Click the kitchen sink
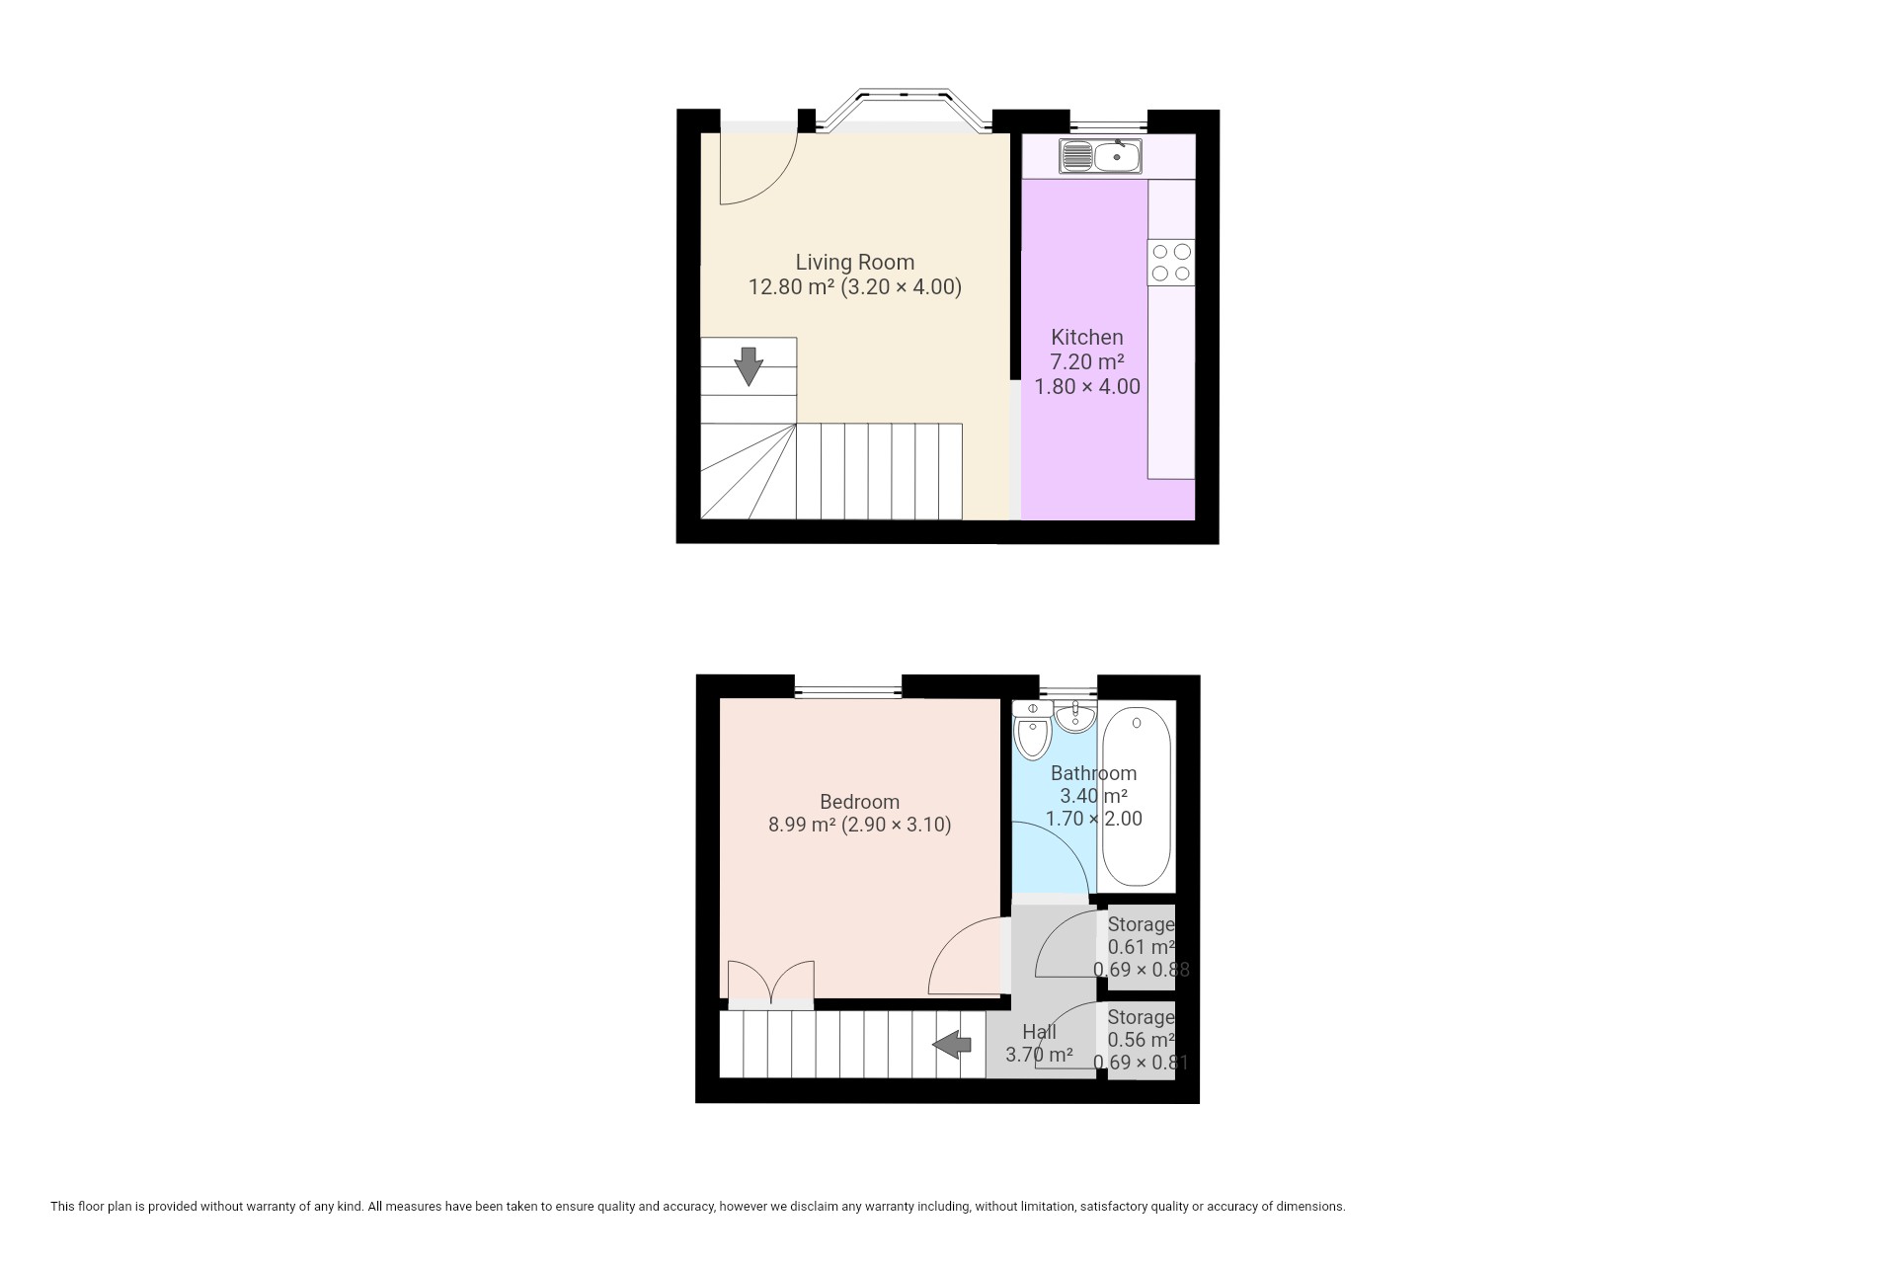click(x=1100, y=156)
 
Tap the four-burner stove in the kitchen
click(x=1171, y=262)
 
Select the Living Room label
click(x=855, y=262)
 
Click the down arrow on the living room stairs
click(x=749, y=365)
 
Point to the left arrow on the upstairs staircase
click(x=953, y=1043)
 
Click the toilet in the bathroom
click(x=1033, y=730)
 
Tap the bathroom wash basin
click(x=1074, y=716)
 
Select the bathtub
click(x=1137, y=798)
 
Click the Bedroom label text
click(x=859, y=802)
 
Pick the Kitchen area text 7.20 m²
click(x=1087, y=361)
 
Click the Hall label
click(x=1039, y=1032)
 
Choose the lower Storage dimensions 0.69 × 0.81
click(x=1141, y=1063)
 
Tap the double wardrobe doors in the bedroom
click(x=771, y=984)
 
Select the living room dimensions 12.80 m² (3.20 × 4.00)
click(x=855, y=287)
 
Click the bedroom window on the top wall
click(x=847, y=687)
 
